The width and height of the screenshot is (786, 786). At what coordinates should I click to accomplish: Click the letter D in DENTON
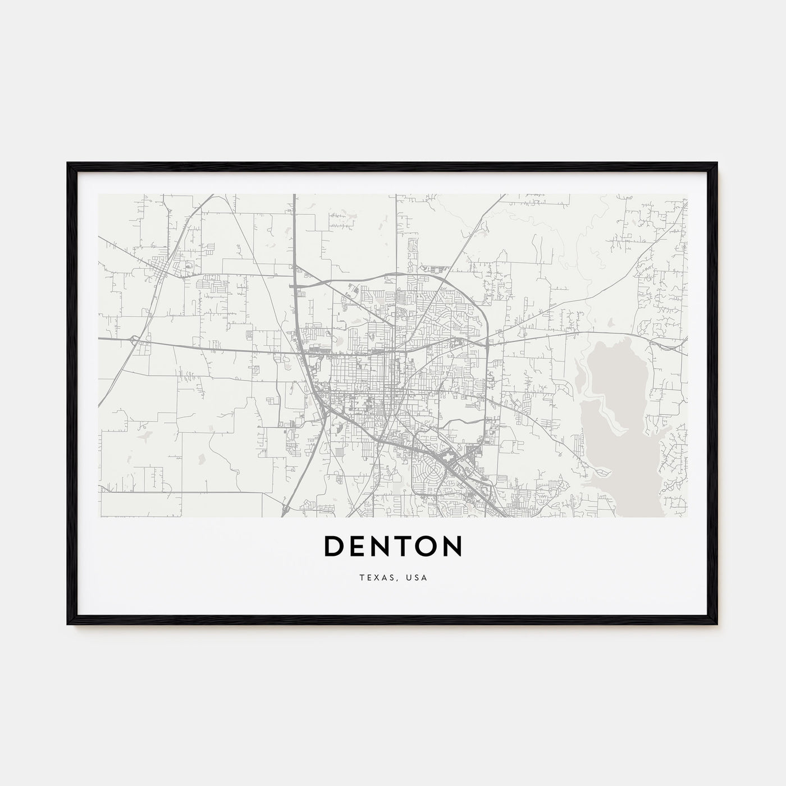coord(335,546)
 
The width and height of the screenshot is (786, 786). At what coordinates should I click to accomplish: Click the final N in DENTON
coord(453,546)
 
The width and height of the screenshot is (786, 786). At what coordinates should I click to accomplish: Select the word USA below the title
coord(417,578)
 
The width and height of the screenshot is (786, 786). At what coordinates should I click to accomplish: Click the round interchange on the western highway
coord(135,340)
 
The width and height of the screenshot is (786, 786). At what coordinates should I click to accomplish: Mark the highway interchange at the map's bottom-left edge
coord(285,509)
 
